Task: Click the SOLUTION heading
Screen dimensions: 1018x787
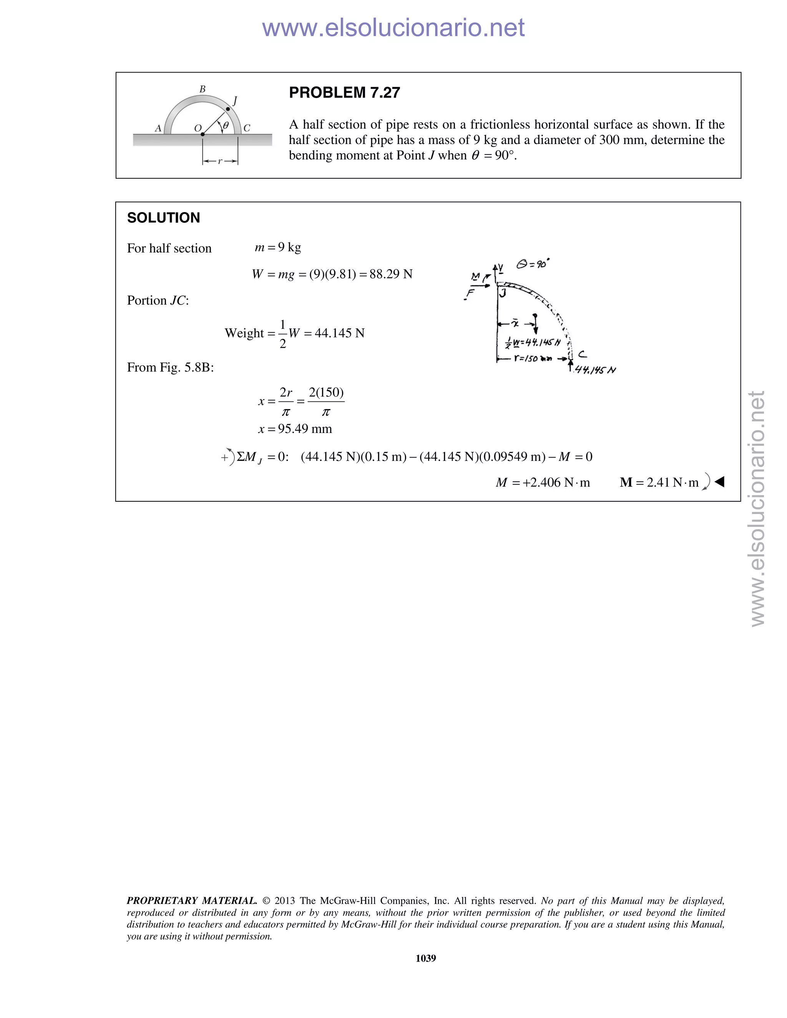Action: [x=163, y=218]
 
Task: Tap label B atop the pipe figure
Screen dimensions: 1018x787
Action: [x=203, y=89]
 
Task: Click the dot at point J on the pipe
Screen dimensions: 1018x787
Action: [x=228, y=109]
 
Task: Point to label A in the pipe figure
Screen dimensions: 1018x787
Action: [x=158, y=128]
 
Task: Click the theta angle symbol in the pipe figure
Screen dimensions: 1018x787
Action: [x=226, y=125]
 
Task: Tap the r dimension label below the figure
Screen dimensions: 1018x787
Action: [x=220, y=161]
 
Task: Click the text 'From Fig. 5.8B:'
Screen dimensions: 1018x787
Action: [x=170, y=368]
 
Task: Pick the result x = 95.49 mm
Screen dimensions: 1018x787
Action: [x=295, y=429]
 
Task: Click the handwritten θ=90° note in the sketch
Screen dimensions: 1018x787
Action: [x=533, y=264]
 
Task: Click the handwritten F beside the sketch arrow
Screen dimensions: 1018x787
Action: [x=470, y=293]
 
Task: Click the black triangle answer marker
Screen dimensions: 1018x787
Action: [x=719, y=482]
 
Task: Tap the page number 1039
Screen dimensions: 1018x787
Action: [x=425, y=958]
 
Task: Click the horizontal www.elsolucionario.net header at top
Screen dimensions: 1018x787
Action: [x=393, y=28]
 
